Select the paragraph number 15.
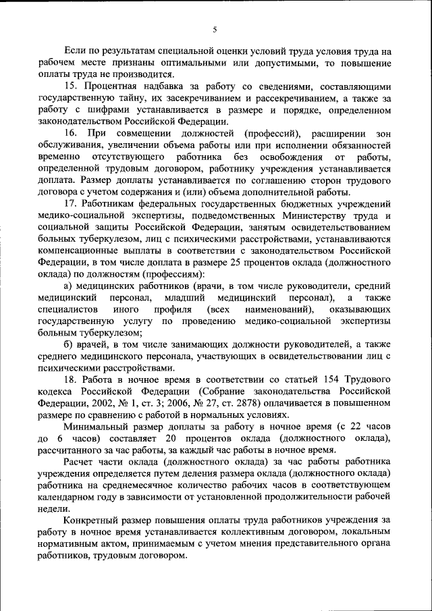(x=71, y=86)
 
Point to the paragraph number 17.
(x=71, y=204)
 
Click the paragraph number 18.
(x=71, y=379)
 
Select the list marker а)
(x=69, y=286)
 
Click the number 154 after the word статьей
(x=321, y=379)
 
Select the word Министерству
(x=302, y=215)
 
